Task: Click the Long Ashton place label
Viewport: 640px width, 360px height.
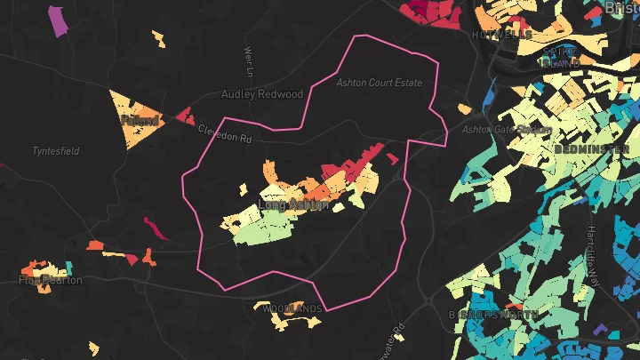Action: (x=292, y=205)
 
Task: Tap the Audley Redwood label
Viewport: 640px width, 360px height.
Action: (x=261, y=94)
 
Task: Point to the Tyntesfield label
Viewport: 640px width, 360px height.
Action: (x=56, y=151)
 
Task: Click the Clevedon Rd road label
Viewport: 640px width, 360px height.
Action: (x=225, y=133)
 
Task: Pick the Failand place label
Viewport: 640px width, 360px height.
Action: (x=140, y=120)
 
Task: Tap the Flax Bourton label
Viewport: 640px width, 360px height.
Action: (x=51, y=280)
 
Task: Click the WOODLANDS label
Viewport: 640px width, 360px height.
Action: (x=292, y=308)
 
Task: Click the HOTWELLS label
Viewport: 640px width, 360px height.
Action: (x=502, y=35)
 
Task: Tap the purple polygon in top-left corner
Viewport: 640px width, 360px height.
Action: (x=59, y=20)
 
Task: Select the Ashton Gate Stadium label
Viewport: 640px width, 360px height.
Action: (x=501, y=130)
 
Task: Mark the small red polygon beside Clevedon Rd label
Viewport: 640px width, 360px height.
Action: (x=186, y=115)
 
